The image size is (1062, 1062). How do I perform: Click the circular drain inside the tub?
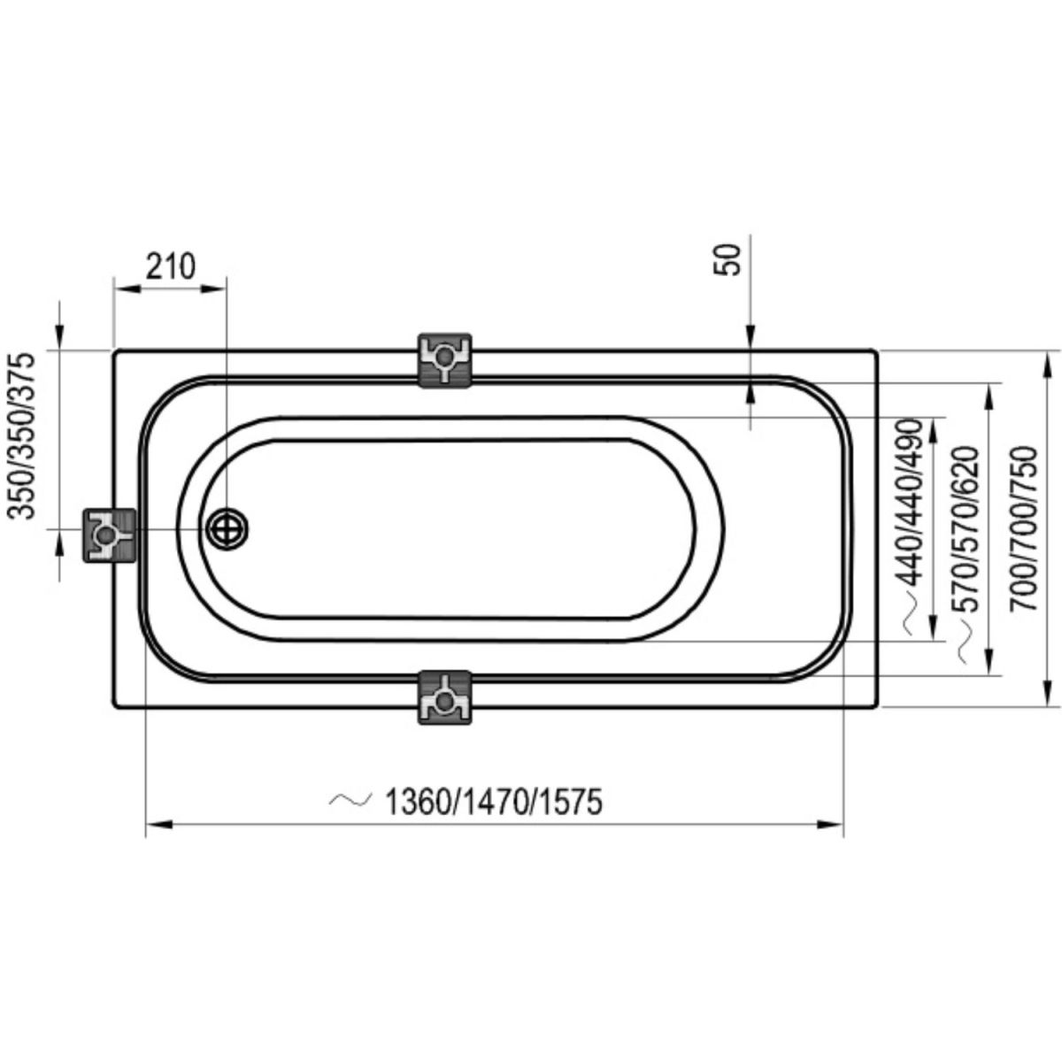point(227,528)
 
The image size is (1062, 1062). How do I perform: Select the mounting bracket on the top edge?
point(445,360)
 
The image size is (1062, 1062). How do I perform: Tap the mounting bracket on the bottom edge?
point(445,697)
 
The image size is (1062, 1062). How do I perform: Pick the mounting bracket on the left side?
point(109,535)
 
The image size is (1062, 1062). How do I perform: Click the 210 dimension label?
point(170,266)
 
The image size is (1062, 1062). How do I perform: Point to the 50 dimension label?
point(727,259)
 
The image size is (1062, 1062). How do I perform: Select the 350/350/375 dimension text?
point(21,436)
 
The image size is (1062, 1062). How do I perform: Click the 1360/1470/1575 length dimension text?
point(493,802)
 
